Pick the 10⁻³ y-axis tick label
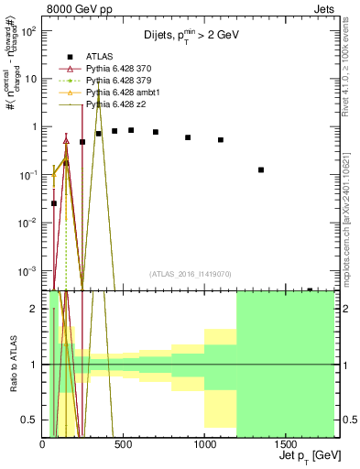28,270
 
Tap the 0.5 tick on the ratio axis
30,420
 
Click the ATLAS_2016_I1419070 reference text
191,274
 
